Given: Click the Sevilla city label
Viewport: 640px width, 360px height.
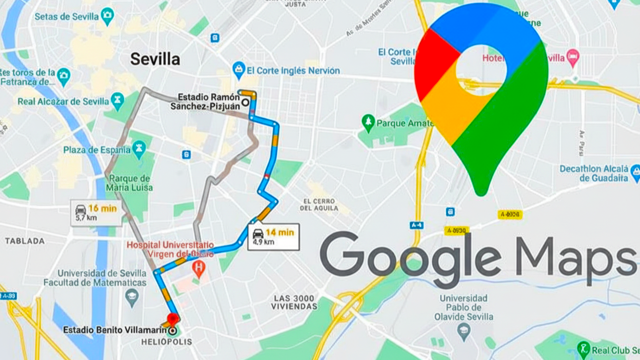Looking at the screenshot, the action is pyautogui.click(x=155, y=59).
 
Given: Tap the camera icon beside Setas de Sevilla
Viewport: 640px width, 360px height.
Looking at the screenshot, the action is pyautogui.click(x=108, y=16).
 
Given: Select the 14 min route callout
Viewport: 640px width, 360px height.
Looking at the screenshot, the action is pyautogui.click(x=273, y=237).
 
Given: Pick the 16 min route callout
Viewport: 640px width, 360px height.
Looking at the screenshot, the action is pyautogui.click(x=96, y=212).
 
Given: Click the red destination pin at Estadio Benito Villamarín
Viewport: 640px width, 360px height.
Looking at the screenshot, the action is pyautogui.click(x=172, y=319).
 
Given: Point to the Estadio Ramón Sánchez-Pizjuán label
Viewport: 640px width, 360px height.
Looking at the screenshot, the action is pyautogui.click(x=208, y=102).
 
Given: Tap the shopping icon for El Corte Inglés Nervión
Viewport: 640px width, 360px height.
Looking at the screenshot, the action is pyautogui.click(x=238, y=70).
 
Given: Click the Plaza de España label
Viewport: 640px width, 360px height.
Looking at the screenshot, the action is pyautogui.click(x=96, y=150).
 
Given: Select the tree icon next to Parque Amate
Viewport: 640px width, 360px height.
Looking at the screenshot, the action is pyautogui.click(x=368, y=123).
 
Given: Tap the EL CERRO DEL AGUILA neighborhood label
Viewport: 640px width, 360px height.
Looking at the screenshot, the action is pyautogui.click(x=319, y=205).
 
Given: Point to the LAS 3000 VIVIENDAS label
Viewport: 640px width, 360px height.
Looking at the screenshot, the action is pyautogui.click(x=295, y=302).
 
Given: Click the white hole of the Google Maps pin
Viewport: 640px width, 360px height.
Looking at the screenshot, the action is pyautogui.click(x=481, y=69).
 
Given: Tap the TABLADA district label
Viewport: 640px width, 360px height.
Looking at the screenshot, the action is pyautogui.click(x=25, y=241).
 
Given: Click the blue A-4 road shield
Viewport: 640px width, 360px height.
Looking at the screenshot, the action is pyautogui.click(x=416, y=225).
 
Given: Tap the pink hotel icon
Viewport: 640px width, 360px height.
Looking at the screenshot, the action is pyautogui.click(x=573, y=55).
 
